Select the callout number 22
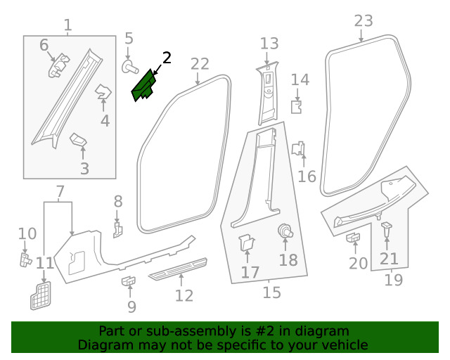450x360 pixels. click(x=200, y=64)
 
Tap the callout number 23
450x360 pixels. click(x=364, y=20)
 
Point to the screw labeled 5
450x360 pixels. click(x=129, y=67)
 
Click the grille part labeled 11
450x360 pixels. click(x=42, y=295)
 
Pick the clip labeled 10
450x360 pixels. click(x=25, y=260)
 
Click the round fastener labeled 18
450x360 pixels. click(x=285, y=231)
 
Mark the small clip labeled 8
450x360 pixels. click(x=118, y=229)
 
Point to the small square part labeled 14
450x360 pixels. click(x=297, y=106)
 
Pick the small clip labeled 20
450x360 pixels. click(x=353, y=238)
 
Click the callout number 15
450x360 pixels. click(x=271, y=292)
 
